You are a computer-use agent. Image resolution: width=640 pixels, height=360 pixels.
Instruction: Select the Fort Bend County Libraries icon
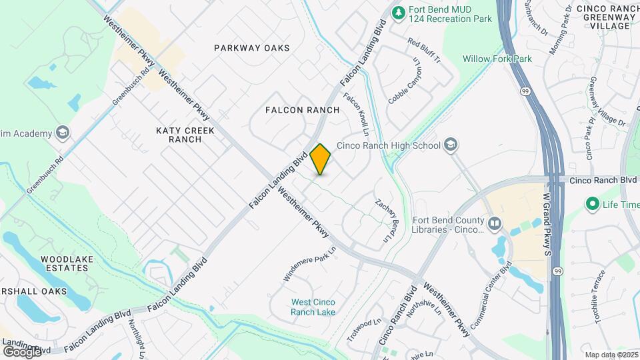(494, 223)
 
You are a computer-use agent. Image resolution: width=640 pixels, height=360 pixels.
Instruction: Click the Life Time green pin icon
(591, 204)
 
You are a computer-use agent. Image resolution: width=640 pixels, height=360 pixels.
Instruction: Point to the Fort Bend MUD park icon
(398, 13)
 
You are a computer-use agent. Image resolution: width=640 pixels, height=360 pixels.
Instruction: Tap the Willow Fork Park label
(497, 59)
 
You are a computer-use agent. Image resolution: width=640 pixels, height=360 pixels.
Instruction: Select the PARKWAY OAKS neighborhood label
(252, 48)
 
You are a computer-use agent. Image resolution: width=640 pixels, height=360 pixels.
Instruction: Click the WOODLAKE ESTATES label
(64, 263)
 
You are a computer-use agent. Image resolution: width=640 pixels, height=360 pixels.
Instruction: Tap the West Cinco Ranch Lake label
(313, 307)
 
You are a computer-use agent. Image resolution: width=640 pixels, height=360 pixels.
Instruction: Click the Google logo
(22, 351)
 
